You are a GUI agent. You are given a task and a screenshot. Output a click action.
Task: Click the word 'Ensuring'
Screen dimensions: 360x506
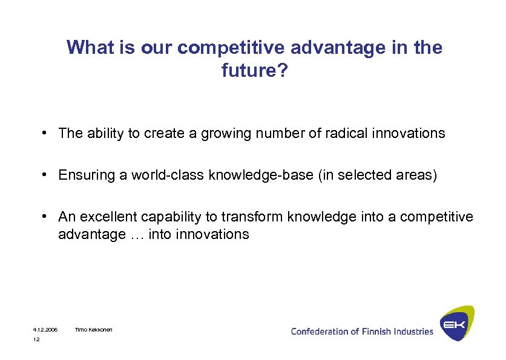tap(81, 175)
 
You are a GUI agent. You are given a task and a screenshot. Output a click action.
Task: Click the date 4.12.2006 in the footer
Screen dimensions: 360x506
tap(45, 330)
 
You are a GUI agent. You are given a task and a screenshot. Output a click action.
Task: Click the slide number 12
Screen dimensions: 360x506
tap(36, 340)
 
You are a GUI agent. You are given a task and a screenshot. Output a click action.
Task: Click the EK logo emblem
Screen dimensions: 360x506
tap(456, 324)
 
